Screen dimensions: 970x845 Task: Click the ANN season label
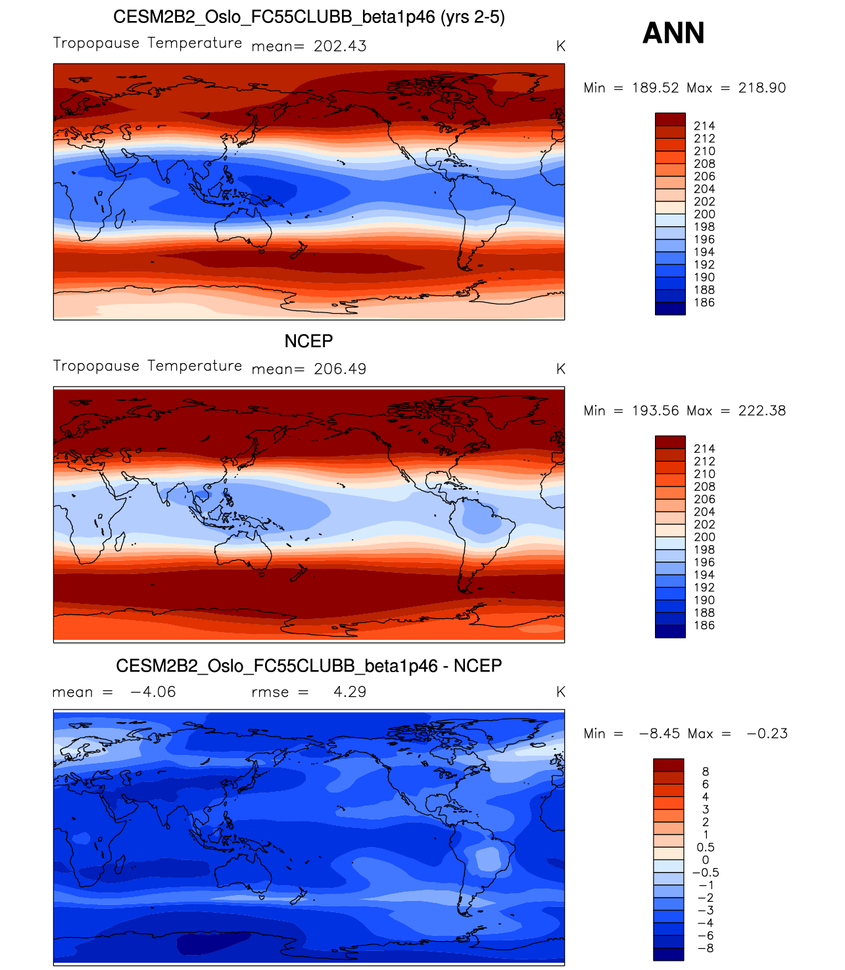[673, 33]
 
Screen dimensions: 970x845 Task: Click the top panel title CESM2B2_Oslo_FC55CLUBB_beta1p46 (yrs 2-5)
[308, 17]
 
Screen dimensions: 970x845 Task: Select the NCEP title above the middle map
[308, 341]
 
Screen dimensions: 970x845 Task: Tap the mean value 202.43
[340, 46]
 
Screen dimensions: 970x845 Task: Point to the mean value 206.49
[340, 369]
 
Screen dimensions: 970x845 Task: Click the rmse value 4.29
[350, 692]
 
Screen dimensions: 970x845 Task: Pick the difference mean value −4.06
[153, 692]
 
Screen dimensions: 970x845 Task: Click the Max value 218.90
[761, 88]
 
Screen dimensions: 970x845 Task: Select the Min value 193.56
[656, 411]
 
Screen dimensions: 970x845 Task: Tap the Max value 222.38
[761, 411]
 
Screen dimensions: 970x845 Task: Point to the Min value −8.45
[660, 734]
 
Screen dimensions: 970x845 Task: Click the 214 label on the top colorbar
[704, 126]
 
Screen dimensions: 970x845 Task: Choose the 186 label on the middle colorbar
[704, 625]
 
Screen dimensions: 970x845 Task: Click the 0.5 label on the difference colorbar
[706, 848]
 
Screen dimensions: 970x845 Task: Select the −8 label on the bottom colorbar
[705, 948]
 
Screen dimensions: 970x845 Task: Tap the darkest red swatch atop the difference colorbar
[668, 765]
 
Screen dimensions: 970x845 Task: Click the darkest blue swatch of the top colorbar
[670, 308]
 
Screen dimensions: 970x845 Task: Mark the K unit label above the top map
[560, 46]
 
